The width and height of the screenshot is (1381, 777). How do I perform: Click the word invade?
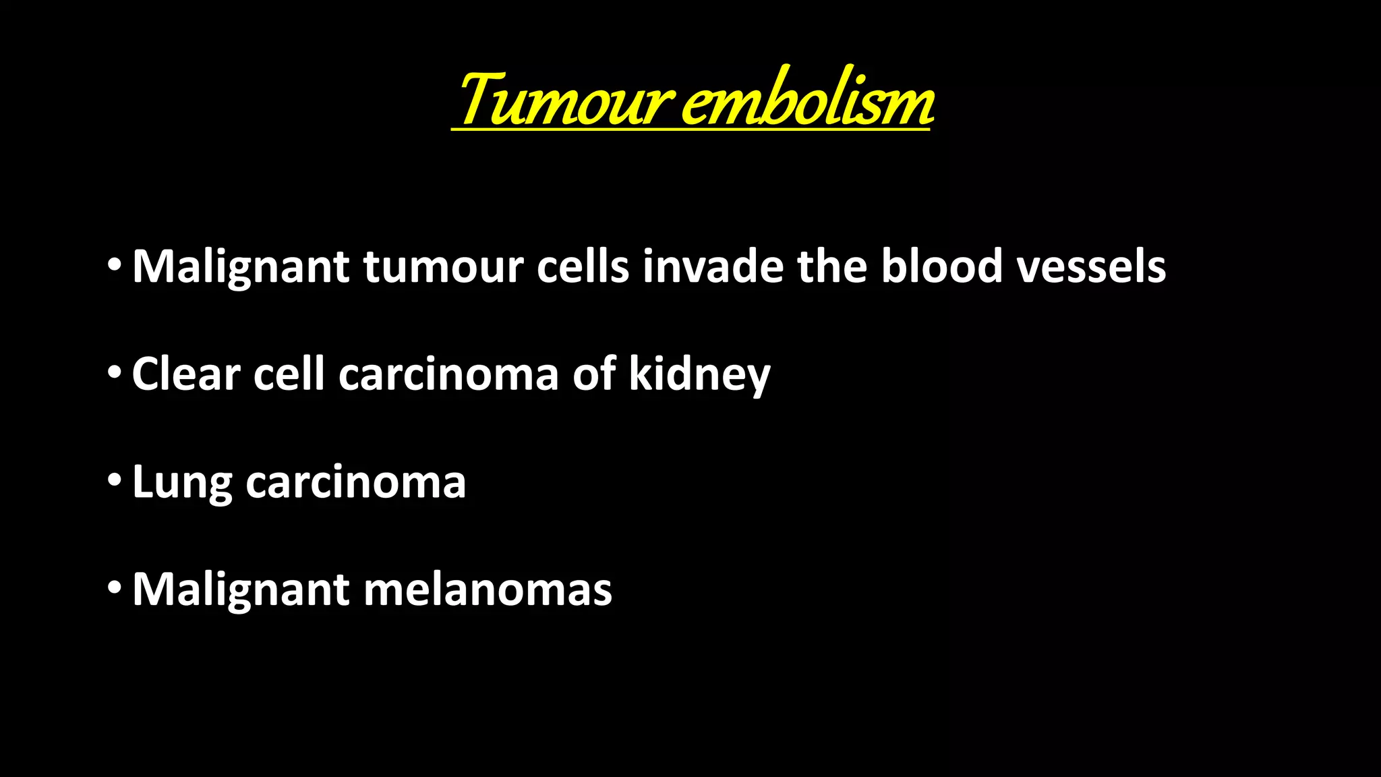(x=713, y=266)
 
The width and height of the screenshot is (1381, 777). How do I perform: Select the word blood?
(x=942, y=266)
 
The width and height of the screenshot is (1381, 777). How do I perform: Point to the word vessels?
(x=1091, y=266)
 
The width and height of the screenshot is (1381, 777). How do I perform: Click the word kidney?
(x=699, y=375)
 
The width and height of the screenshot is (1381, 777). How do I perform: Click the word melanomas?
(x=488, y=589)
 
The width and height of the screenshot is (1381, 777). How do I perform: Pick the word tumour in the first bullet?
(x=443, y=267)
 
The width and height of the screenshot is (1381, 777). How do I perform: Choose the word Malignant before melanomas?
(x=241, y=591)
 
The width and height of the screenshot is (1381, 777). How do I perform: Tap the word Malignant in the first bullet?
(x=241, y=267)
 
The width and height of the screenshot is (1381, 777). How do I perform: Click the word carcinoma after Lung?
(x=355, y=483)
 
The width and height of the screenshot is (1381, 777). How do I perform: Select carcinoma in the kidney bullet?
(x=448, y=375)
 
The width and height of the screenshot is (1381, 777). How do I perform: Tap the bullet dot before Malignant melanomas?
(x=115, y=587)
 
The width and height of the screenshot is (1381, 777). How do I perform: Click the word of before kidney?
(x=594, y=374)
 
